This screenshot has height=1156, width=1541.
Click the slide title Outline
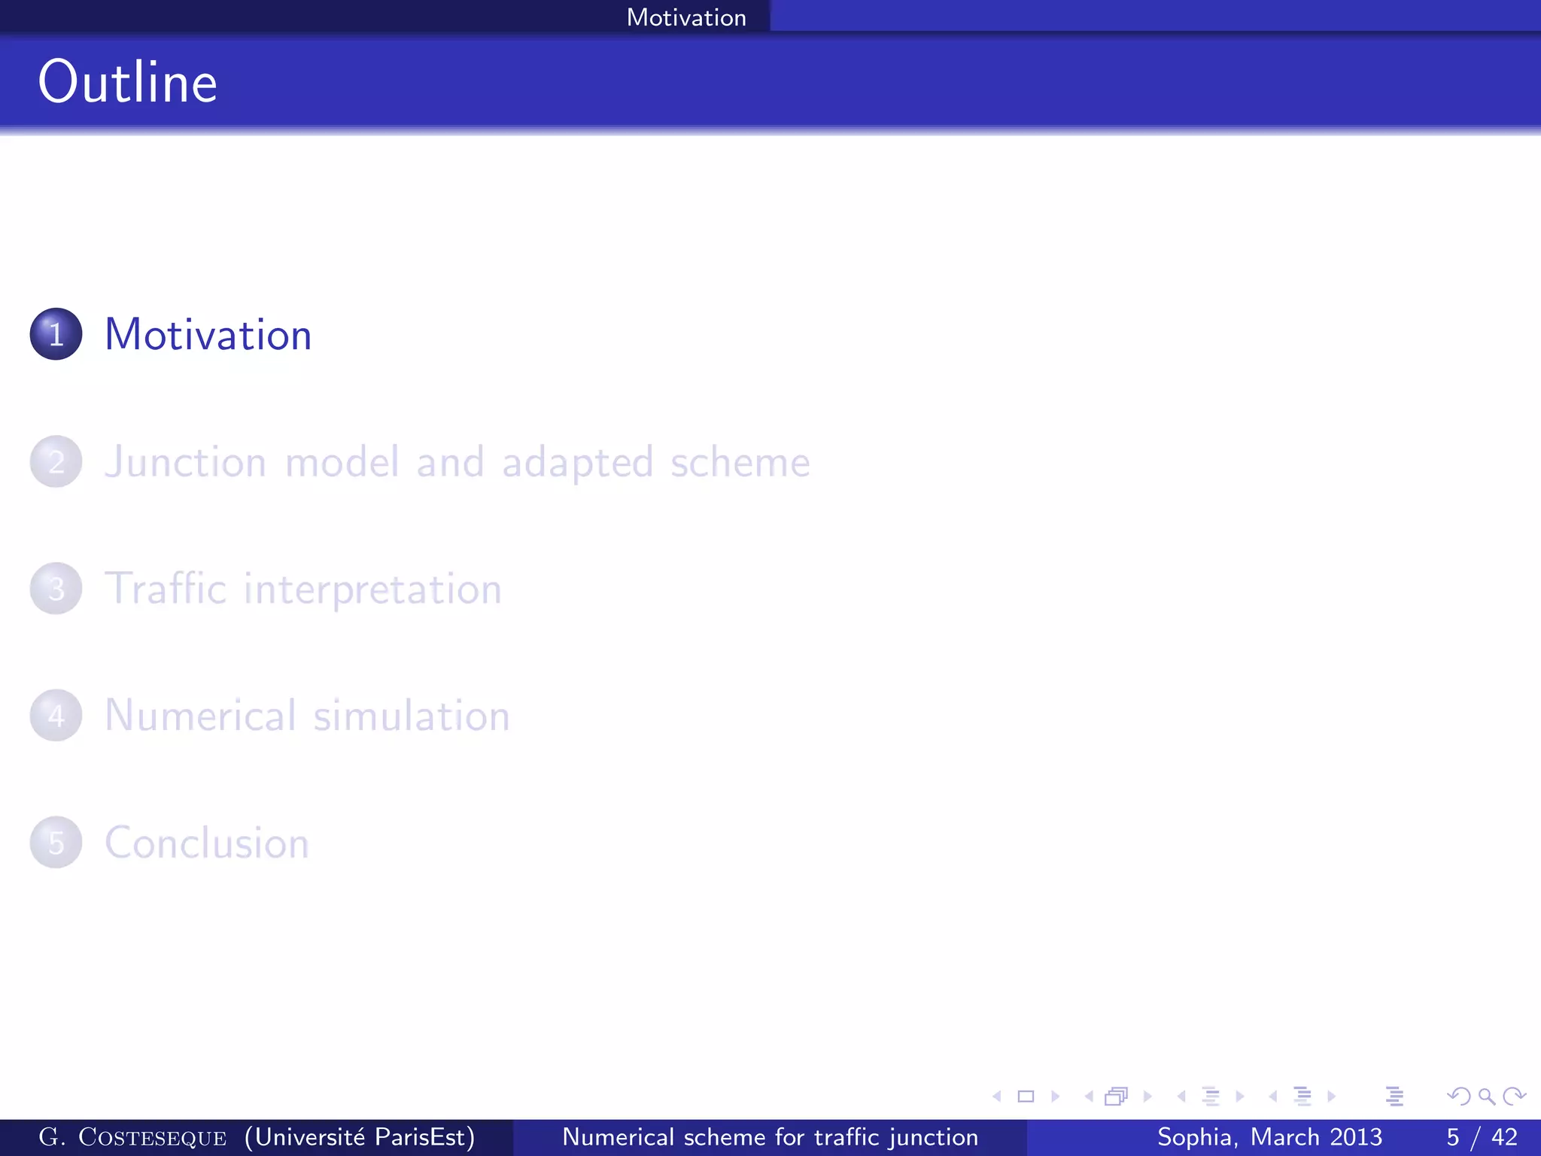[128, 82]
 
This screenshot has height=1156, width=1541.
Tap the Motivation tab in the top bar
[686, 17]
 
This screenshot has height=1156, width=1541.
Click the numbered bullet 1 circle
[56, 334]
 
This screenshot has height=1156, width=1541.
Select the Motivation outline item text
[208, 334]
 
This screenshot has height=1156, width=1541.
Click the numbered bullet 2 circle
[56, 461]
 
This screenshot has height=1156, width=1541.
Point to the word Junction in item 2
[185, 461]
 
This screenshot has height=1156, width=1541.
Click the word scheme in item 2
[740, 461]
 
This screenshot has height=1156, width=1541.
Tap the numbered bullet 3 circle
[56, 589]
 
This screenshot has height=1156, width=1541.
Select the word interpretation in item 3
[372, 589]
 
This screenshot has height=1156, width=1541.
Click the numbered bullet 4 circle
[56, 716]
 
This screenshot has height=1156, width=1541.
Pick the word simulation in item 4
[412, 716]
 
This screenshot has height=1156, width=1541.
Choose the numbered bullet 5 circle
[56, 842]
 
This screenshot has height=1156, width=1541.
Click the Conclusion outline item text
[207, 843]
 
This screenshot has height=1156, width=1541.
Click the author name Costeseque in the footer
[152, 1137]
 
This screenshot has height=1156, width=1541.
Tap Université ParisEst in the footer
[360, 1137]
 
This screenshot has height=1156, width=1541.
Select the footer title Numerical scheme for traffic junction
[770, 1137]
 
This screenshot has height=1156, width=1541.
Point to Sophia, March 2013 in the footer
[1269, 1137]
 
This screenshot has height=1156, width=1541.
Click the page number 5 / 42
[1482, 1137]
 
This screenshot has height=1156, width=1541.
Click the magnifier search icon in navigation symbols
[1486, 1097]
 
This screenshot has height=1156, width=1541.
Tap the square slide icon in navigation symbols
[1026, 1097]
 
